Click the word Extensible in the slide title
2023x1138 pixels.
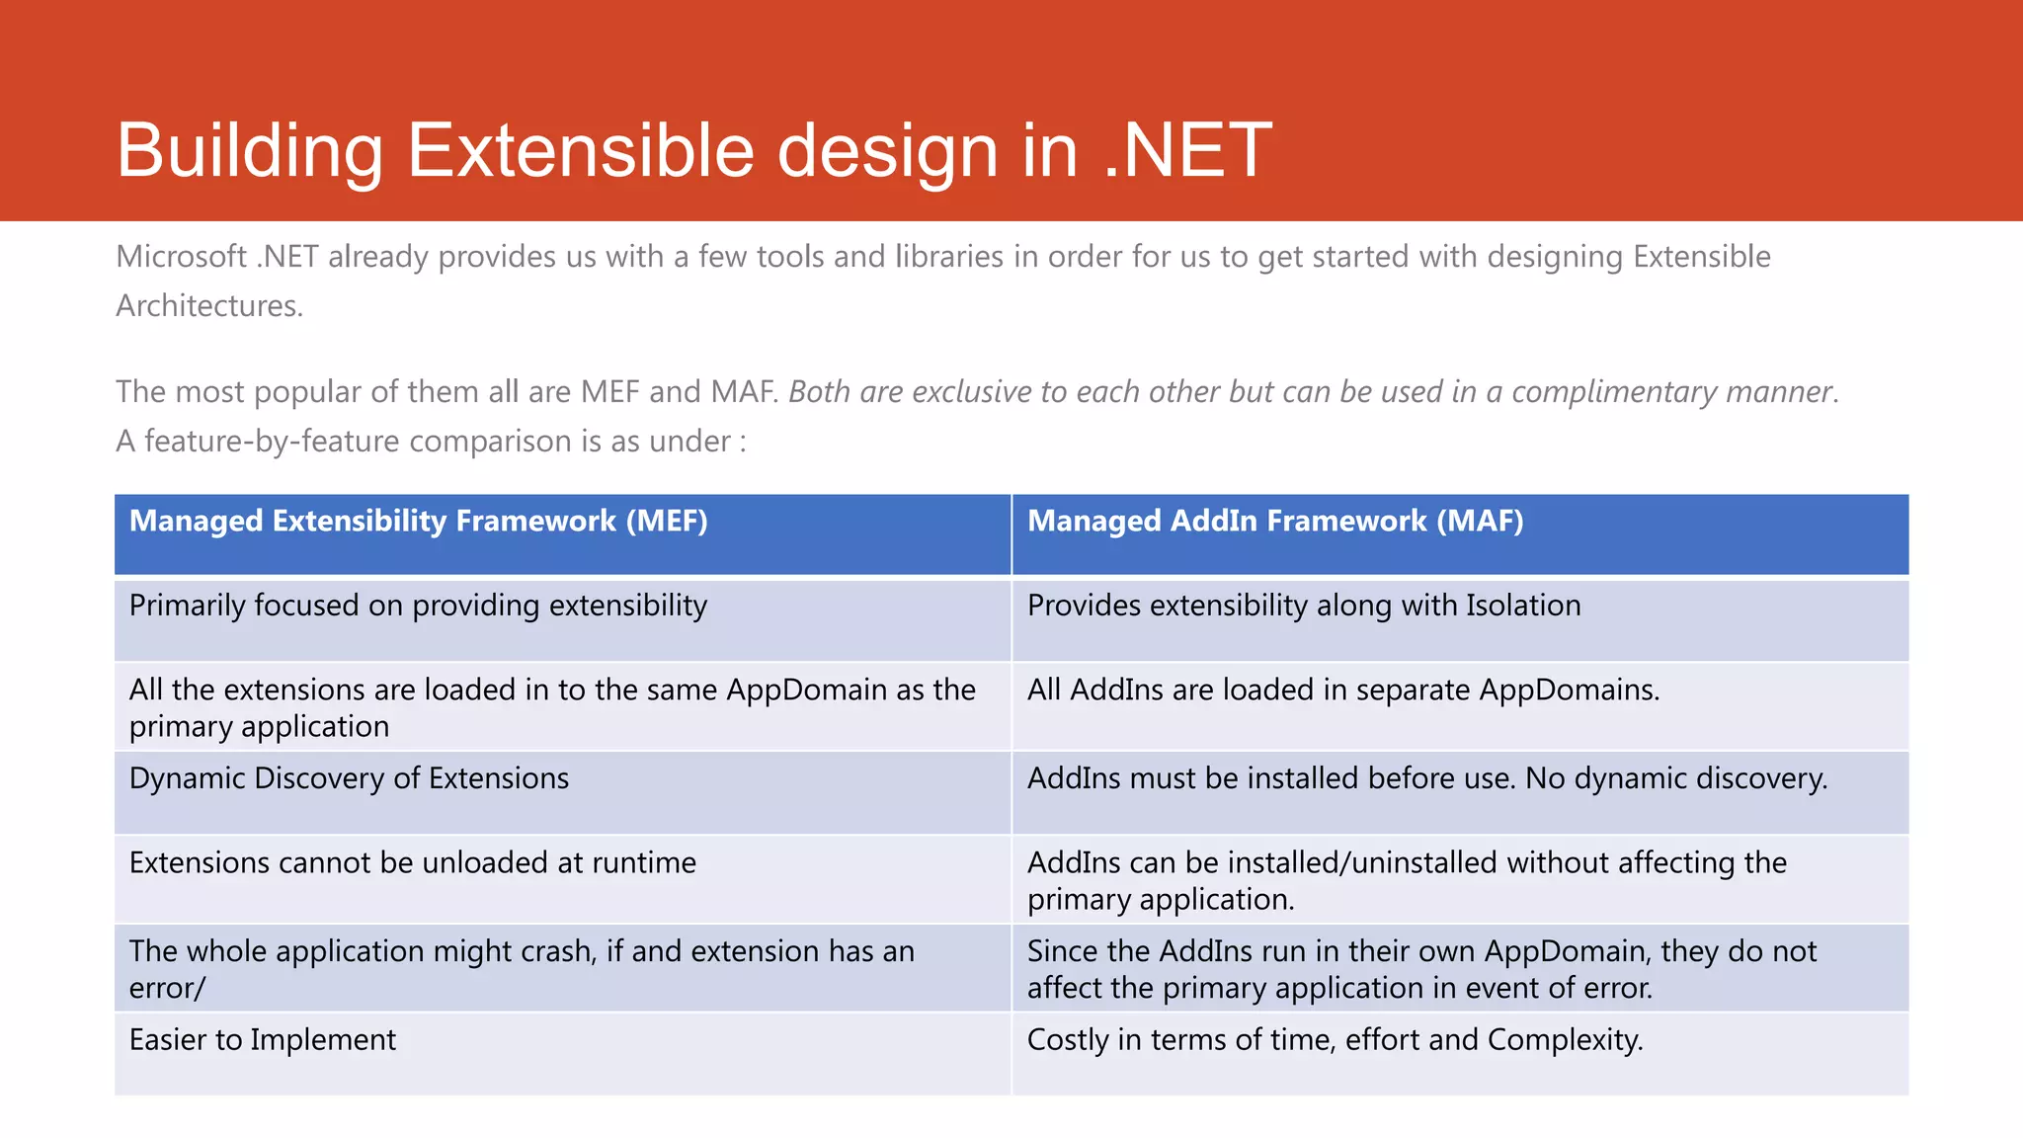click(x=581, y=150)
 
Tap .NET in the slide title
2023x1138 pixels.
click(x=1186, y=150)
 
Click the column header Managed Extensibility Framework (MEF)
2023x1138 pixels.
click(x=418, y=521)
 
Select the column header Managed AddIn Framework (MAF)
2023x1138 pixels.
click(x=1274, y=521)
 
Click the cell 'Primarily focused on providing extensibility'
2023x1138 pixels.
click(x=418, y=606)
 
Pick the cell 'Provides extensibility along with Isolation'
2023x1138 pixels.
click(x=1303, y=606)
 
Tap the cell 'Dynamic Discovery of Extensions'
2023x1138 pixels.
click(x=349, y=778)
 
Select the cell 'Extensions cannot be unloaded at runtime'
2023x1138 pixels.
click(x=412, y=862)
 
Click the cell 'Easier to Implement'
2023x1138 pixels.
click(x=262, y=1040)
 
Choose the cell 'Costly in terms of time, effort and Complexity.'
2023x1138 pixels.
click(x=1335, y=1040)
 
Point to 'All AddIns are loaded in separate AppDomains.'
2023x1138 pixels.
click(x=1342, y=690)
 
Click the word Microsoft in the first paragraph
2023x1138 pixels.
click(x=181, y=257)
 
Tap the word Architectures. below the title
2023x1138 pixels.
click(x=209, y=306)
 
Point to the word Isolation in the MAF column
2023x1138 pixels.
click(x=1522, y=606)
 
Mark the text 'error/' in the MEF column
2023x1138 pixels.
click(x=167, y=988)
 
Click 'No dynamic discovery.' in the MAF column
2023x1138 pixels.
click(x=1676, y=778)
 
